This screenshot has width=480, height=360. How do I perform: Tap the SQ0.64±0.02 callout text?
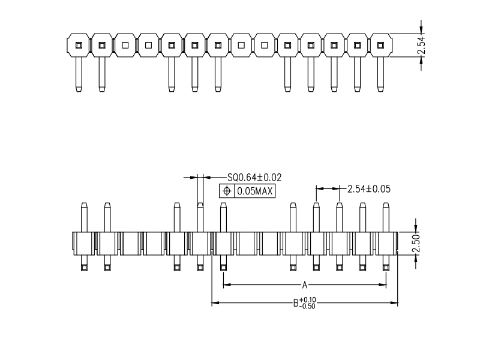point(254,177)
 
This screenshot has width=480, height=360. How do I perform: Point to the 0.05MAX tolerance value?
point(254,191)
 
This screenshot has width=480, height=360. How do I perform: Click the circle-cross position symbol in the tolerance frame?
point(227,191)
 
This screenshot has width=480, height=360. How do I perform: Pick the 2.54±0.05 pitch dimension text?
point(368,188)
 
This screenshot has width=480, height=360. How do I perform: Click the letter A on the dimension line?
point(305,284)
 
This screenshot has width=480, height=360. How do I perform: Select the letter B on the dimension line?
point(296,303)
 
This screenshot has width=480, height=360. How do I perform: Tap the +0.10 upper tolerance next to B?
point(308,299)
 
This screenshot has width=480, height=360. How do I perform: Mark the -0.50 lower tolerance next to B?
point(308,306)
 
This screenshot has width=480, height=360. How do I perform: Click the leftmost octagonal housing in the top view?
point(78,45)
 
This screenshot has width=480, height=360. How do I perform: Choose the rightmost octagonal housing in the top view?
point(380,45)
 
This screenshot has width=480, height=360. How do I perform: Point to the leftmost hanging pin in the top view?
point(78,75)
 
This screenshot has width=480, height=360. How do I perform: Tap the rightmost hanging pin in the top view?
point(380,75)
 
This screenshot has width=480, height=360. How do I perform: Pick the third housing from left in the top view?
point(125,45)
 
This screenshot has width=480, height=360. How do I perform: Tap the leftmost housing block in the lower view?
point(84,243)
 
